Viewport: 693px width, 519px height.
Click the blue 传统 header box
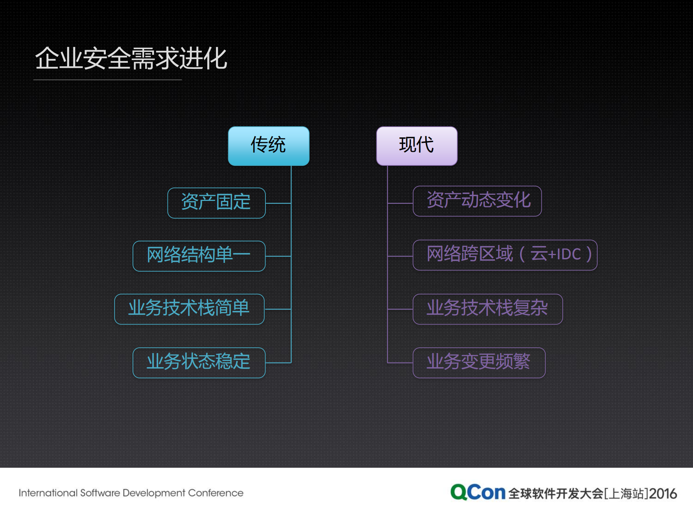pos(269,146)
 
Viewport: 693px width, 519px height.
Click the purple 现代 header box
pos(417,146)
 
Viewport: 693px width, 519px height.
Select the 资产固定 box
pos(216,203)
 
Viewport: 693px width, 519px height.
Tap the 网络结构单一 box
pos(199,256)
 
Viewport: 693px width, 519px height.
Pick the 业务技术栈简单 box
pos(189,309)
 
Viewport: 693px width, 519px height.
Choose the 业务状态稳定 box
pos(199,362)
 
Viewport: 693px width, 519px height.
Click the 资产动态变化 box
pos(477,201)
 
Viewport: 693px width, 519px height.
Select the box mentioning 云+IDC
pos(505,255)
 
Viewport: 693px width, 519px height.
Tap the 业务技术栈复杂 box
pos(488,309)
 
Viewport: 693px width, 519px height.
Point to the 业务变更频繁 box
pos(479,362)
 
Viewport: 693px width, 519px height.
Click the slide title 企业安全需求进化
pos(131,58)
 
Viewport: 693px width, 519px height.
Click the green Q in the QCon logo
pos(459,492)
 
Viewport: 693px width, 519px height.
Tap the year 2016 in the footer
pos(663,493)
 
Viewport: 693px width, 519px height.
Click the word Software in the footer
pos(100,493)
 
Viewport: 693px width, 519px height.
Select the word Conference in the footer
pos(216,493)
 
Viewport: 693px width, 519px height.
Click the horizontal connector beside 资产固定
pos(278,203)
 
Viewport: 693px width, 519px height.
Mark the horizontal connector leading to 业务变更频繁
pos(400,363)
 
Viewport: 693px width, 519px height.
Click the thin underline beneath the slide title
pos(108,80)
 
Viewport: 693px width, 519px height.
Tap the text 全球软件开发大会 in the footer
pos(556,493)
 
